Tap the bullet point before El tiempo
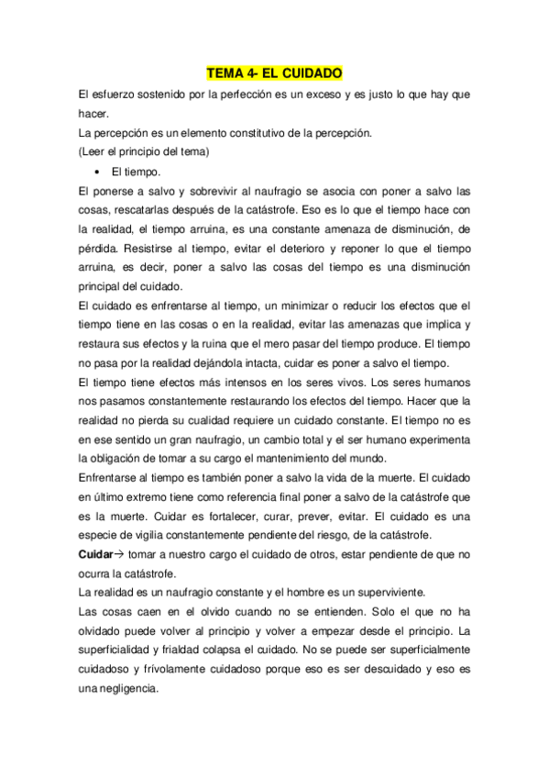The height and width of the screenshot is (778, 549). click(x=96, y=172)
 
